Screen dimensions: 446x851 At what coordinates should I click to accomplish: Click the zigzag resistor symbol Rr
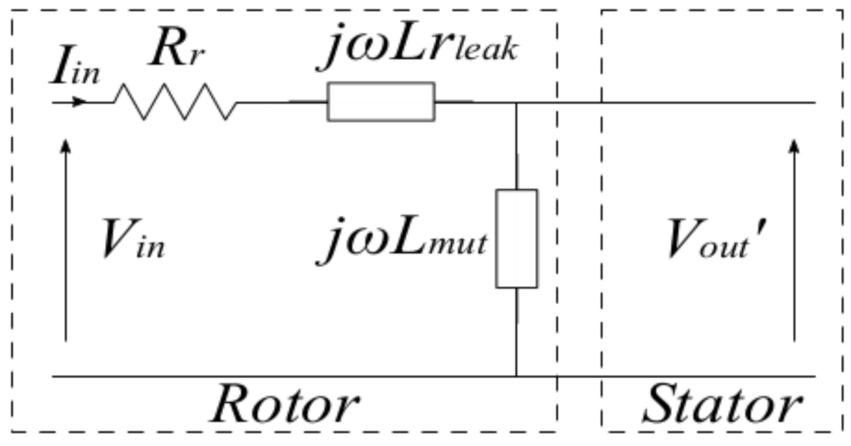pyautogui.click(x=175, y=102)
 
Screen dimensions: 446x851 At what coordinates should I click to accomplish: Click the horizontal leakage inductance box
pyautogui.click(x=381, y=102)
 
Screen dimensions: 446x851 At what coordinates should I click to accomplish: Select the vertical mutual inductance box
pyautogui.click(x=516, y=238)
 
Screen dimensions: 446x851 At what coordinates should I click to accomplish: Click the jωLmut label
pyautogui.click(x=402, y=242)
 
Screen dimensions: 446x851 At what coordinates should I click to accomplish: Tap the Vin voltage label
pyautogui.click(x=132, y=242)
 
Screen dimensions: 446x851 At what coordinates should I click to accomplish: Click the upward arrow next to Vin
pyautogui.click(x=66, y=239)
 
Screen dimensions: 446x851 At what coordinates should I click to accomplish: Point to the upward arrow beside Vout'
pyautogui.click(x=794, y=239)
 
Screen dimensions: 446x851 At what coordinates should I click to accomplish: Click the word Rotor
pyautogui.click(x=284, y=404)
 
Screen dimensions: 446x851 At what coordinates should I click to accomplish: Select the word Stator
pyautogui.click(x=720, y=404)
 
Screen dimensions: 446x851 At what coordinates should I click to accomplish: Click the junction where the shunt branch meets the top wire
pyautogui.click(x=516, y=102)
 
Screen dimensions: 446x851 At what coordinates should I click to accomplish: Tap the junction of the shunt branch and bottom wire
pyautogui.click(x=516, y=377)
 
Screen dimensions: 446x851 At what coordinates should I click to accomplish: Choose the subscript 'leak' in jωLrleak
pyautogui.click(x=489, y=52)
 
